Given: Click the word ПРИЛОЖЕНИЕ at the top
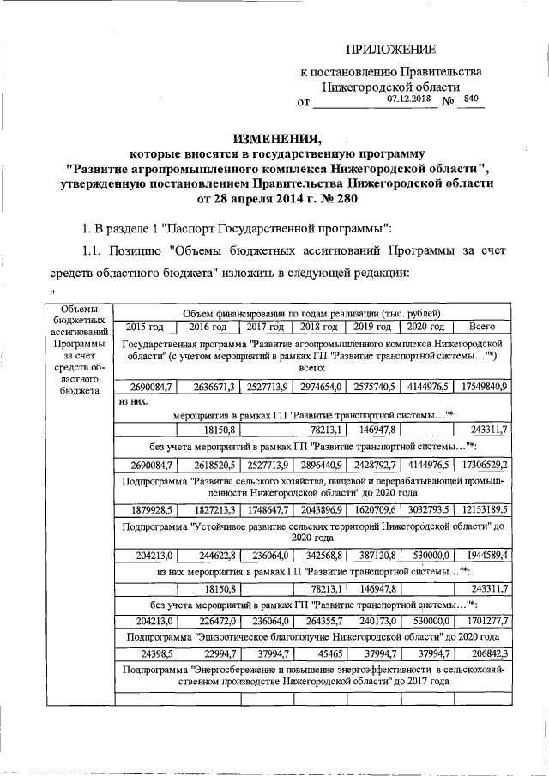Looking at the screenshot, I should pos(390,49).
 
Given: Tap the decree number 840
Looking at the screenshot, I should pos(470,99).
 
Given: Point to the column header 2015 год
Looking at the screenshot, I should pos(144,327).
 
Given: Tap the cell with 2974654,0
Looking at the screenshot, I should pos(321,387).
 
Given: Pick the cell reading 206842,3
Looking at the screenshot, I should pos(486,652).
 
